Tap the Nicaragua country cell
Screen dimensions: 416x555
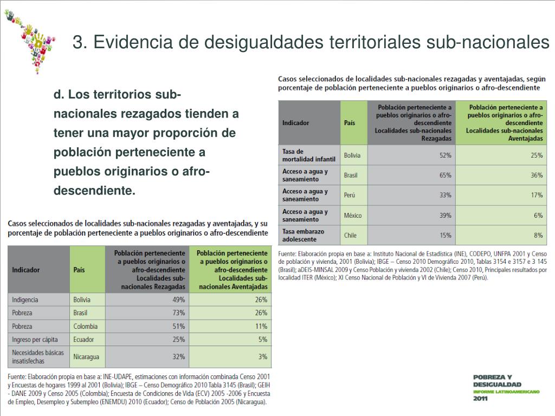point(87,357)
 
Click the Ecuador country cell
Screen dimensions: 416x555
point(83,340)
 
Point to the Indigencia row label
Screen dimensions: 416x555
point(25,300)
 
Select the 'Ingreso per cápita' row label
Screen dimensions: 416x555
point(33,340)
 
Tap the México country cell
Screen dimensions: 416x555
point(353,216)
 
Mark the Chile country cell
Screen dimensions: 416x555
point(350,236)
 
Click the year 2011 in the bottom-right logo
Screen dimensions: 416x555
point(481,399)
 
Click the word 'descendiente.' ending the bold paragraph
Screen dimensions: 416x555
point(94,191)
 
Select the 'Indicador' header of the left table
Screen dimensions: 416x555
point(25,270)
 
